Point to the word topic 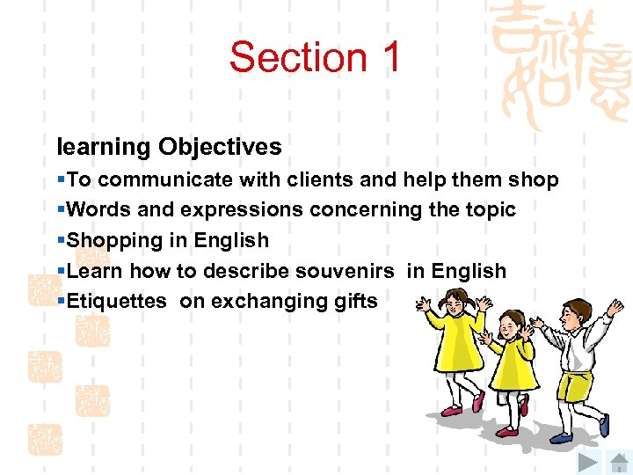click(x=488, y=210)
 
